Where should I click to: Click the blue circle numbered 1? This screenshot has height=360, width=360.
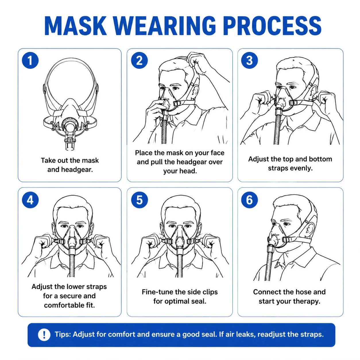30,60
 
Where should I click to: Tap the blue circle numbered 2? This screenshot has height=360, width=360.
139,60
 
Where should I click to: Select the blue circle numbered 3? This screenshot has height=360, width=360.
249,60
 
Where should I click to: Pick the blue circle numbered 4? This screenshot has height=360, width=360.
30,200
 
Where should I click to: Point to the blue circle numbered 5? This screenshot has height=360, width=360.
139,200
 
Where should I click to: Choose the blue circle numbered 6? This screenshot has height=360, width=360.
249,200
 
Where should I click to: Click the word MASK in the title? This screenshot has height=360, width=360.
76,26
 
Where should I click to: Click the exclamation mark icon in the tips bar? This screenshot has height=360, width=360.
44,334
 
